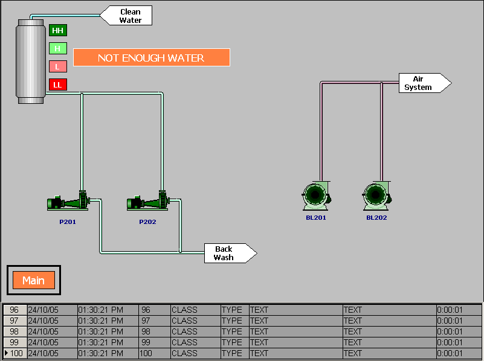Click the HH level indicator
57,30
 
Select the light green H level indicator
57,48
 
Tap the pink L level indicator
57,66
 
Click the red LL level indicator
57,85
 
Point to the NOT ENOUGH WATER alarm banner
151,58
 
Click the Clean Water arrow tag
127,16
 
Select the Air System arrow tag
424,83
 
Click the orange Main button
34,280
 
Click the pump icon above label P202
147,201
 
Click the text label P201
68,222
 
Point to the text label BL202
376,217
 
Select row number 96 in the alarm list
15,310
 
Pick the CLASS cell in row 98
184,331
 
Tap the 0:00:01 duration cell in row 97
450,321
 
